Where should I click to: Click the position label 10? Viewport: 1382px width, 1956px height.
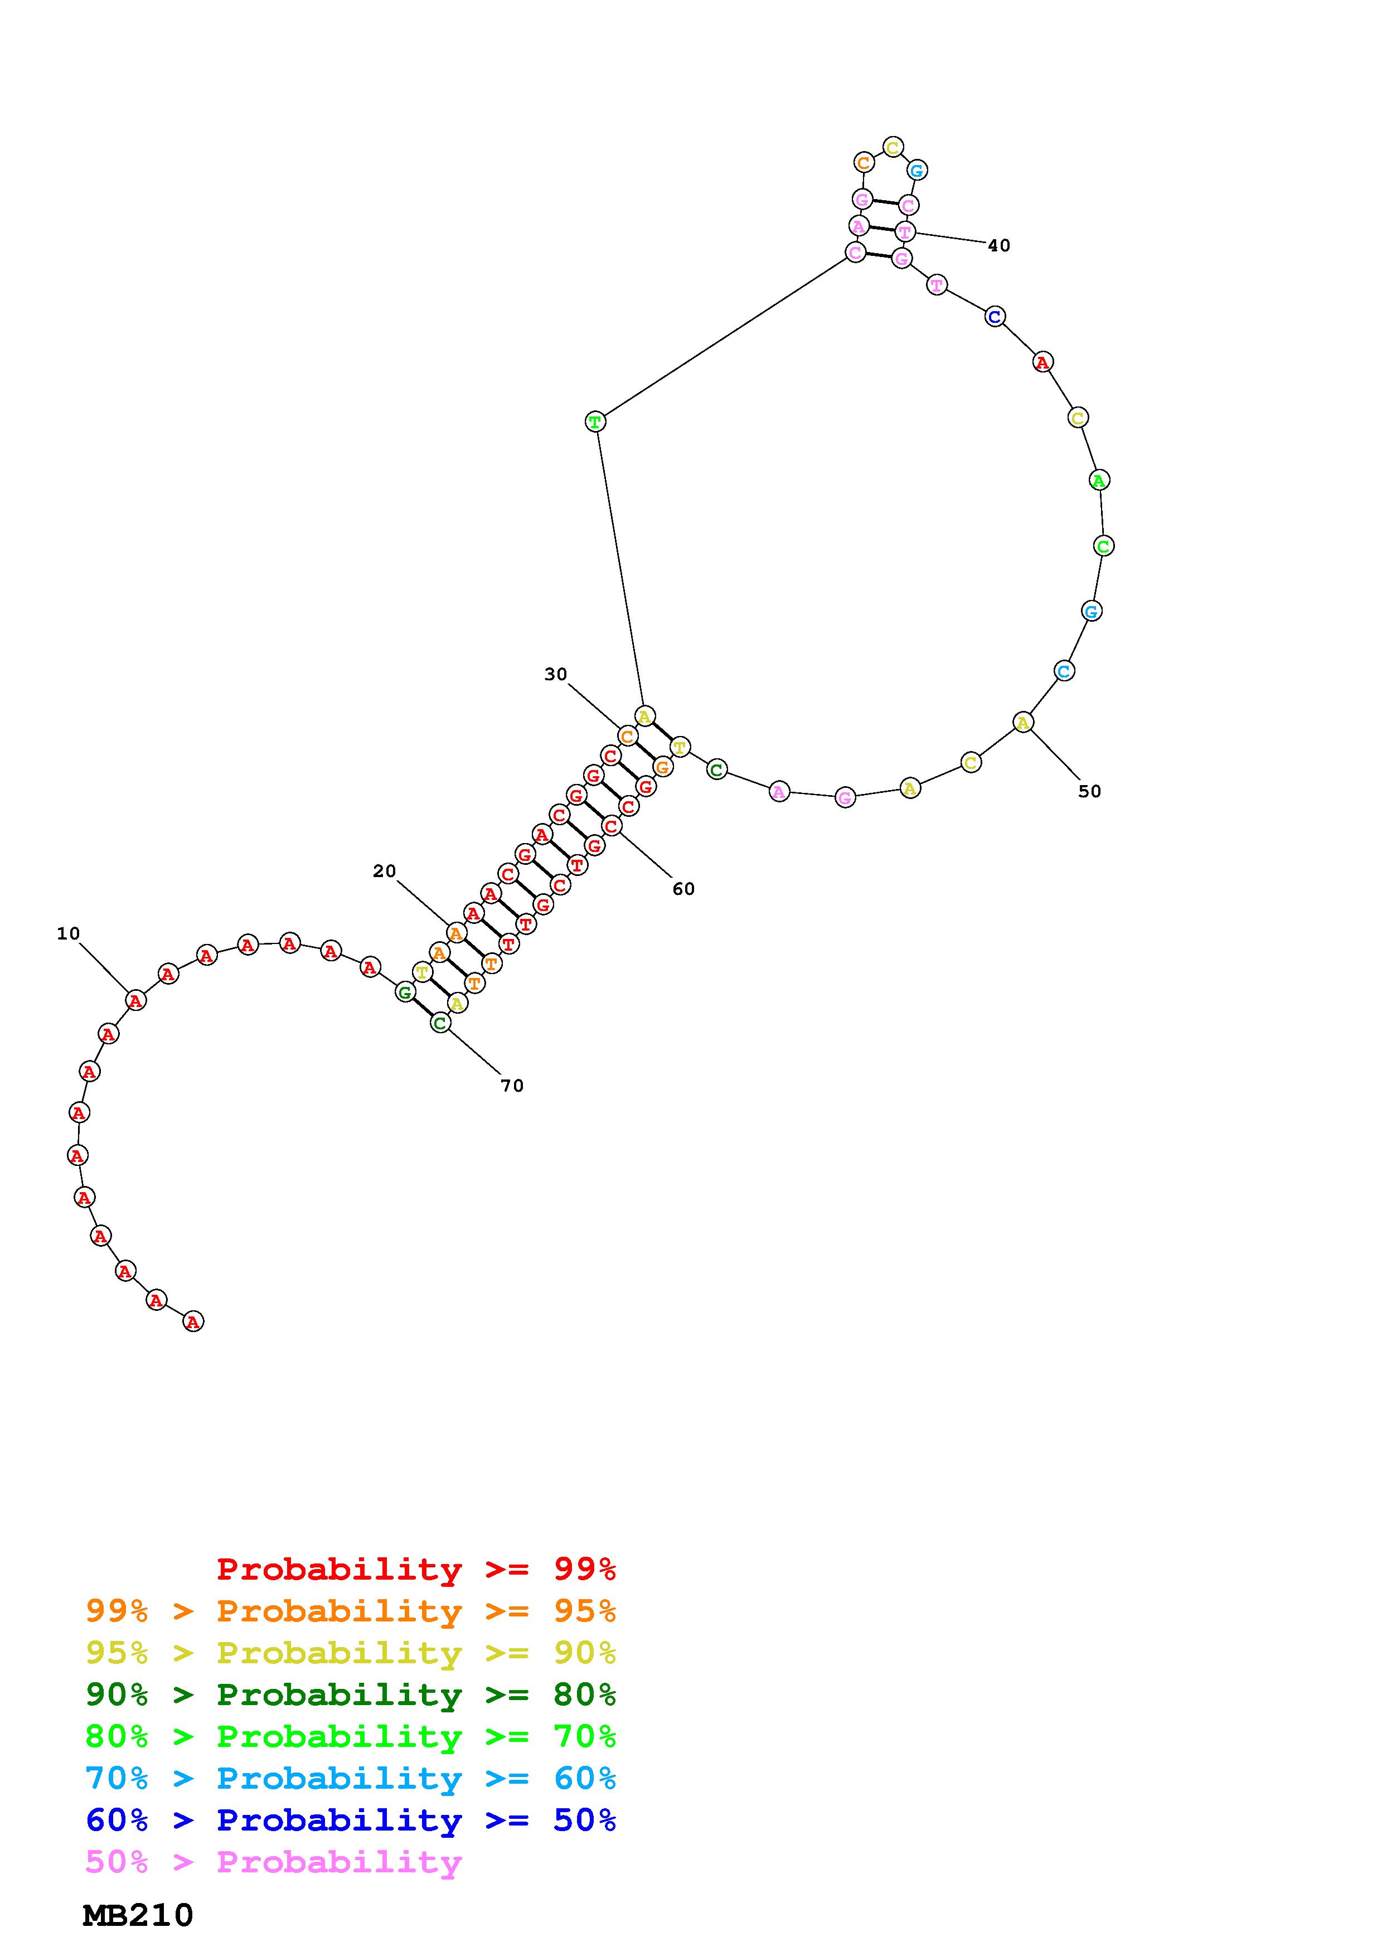pyautogui.click(x=68, y=934)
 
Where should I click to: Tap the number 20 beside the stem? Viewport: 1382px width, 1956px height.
pyautogui.click(x=384, y=870)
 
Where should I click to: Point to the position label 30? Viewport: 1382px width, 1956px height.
pyautogui.click(x=555, y=674)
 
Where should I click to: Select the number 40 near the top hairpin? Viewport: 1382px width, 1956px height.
pyautogui.click(x=999, y=245)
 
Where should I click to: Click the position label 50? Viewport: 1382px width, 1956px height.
pyautogui.click(x=1089, y=791)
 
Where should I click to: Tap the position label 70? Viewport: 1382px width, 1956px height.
pyautogui.click(x=512, y=1086)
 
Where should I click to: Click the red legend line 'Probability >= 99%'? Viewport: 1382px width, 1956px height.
pyautogui.click(x=416, y=1568)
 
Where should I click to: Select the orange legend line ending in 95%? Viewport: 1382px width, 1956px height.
pyautogui.click(x=351, y=1610)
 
